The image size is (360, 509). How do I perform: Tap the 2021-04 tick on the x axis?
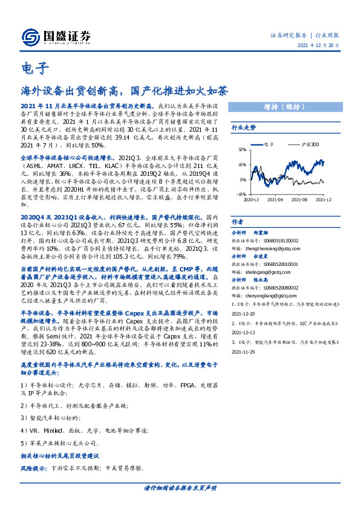(x=276, y=199)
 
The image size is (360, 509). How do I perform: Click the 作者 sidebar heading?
(x=238, y=222)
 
